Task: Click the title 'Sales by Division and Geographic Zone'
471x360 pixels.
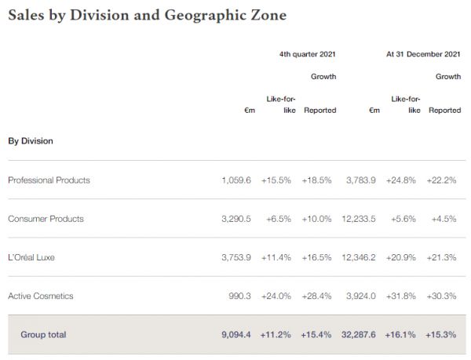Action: coord(147,15)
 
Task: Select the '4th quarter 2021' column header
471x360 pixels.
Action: coord(308,54)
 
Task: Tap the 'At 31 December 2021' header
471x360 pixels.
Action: coord(423,54)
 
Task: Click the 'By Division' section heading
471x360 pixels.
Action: coord(30,141)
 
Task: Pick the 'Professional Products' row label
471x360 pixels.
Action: coord(49,180)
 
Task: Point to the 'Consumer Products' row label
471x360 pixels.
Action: coord(46,218)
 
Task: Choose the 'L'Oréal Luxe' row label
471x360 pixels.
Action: coord(31,256)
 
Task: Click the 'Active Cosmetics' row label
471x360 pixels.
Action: coord(40,296)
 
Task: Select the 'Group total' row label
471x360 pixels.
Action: coord(43,334)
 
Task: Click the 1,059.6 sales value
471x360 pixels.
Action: coord(236,180)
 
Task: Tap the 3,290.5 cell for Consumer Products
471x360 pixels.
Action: coord(236,218)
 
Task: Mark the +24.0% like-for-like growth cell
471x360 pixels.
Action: coord(276,296)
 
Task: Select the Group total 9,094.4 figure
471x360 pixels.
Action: coord(236,334)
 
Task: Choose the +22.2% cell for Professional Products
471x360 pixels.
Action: coord(443,180)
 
